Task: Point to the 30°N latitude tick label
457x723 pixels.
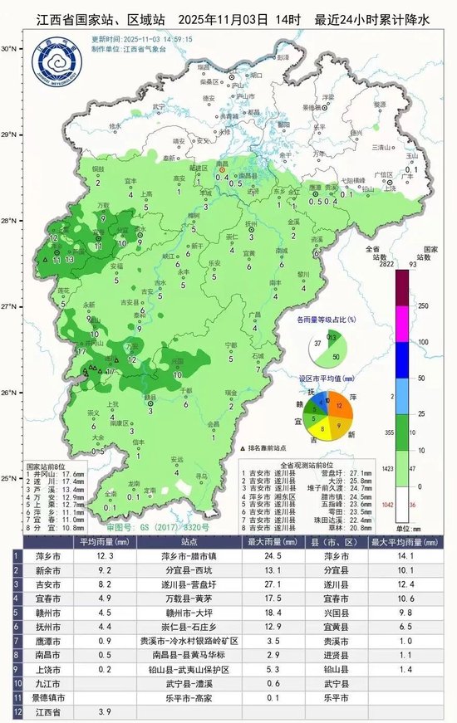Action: tap(9, 49)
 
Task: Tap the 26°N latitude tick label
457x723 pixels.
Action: tap(9, 393)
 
